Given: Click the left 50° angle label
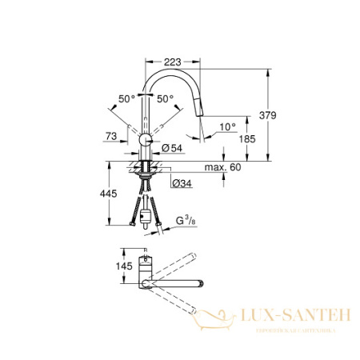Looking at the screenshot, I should [126, 99].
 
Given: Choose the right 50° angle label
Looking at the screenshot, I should [165, 99].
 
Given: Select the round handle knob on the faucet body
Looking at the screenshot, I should [143, 141].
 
